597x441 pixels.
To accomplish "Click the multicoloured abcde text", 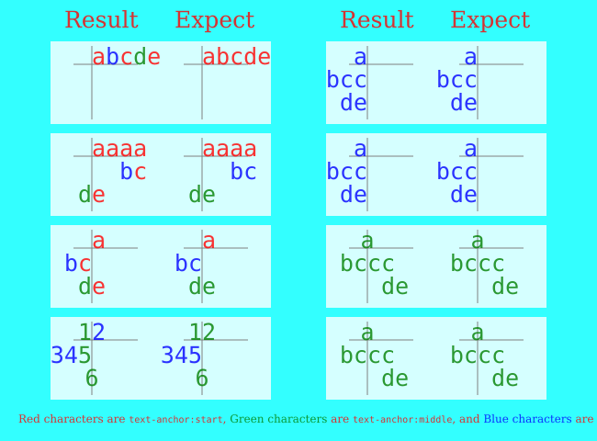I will [x=126, y=58].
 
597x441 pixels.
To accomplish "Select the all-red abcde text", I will [x=236, y=58].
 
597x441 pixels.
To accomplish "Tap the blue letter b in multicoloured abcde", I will [x=112, y=58].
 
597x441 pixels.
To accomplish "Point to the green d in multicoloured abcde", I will [x=140, y=58].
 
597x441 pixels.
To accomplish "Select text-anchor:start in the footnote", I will [x=175, y=420].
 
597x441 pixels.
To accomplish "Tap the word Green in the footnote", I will [x=245, y=419].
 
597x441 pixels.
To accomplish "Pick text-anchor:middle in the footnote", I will [x=401, y=420].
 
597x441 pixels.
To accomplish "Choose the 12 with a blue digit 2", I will [x=92, y=333].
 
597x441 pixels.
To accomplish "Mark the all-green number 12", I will [x=202, y=333].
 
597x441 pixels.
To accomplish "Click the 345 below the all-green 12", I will [x=181, y=356].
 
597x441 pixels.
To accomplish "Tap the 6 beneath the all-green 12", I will [x=202, y=379].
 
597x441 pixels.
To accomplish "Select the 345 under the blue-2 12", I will [x=71, y=356].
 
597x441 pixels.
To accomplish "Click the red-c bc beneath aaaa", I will [x=133, y=173].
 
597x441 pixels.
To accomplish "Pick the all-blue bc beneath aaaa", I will [x=243, y=173].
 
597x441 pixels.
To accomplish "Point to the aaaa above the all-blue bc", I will [x=230, y=150].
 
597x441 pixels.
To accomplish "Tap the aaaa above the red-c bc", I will [x=119, y=150].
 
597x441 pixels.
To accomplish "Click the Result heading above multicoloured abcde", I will [x=101, y=21].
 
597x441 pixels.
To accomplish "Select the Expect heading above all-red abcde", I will [x=214, y=21].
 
